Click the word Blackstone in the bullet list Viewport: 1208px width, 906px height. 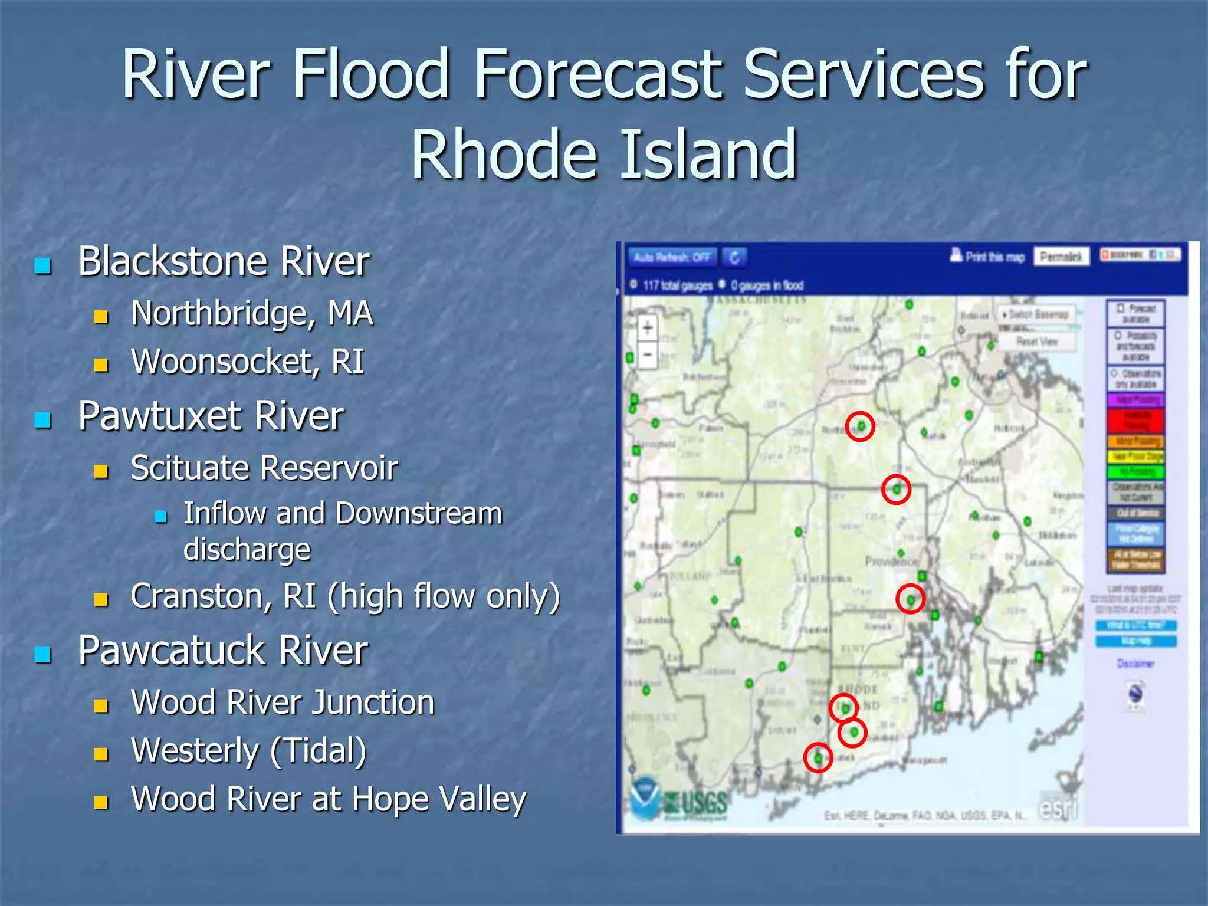pos(175,261)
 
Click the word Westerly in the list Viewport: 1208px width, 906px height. pos(195,751)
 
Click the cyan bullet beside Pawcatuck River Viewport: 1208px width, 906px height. pos(42,654)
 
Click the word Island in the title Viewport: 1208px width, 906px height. pos(708,155)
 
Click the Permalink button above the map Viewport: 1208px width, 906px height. pos(1061,257)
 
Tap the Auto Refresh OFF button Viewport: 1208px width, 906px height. pos(672,257)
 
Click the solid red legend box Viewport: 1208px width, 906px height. pos(1135,421)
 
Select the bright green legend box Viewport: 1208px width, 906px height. pos(1135,472)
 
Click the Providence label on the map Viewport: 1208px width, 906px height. pos(891,560)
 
